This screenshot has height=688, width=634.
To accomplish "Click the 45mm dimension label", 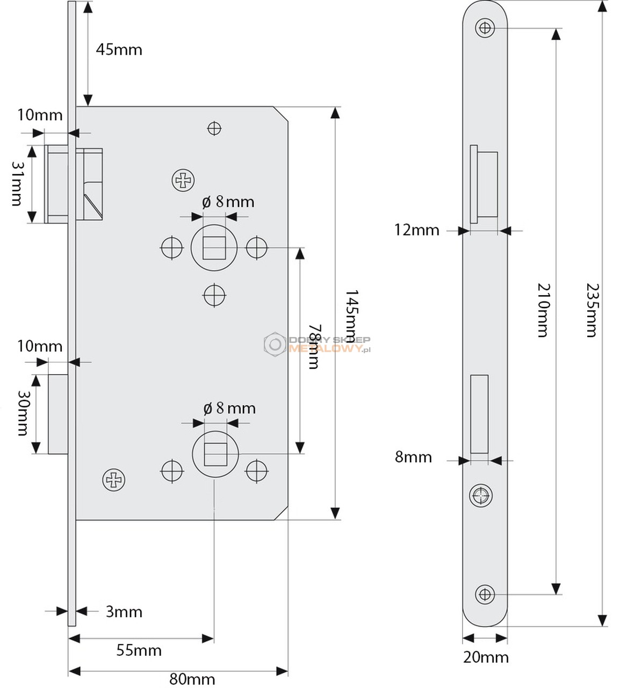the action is click(119, 50).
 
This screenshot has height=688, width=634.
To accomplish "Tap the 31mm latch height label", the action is click(17, 184).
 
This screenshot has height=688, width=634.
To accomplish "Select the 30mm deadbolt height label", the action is click(23, 413).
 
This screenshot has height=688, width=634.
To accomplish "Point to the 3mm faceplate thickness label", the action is click(124, 612).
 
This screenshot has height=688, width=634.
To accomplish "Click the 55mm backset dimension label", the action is click(139, 650).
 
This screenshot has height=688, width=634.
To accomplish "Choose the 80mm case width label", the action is click(192, 679).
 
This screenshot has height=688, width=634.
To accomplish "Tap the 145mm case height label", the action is click(351, 317).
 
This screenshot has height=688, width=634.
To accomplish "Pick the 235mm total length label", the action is click(592, 310).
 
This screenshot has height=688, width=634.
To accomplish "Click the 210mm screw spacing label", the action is click(544, 310).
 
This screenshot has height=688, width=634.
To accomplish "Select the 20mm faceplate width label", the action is click(486, 657).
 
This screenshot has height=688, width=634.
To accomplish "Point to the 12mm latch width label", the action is click(417, 230).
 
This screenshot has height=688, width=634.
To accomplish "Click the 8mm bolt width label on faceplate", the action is click(413, 457).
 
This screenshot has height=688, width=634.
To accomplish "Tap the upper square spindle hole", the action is click(214, 248).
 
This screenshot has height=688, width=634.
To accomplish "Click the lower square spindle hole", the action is click(215, 454).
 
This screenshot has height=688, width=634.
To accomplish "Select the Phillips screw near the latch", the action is click(183, 180).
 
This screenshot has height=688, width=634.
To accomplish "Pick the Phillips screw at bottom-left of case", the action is click(113, 480).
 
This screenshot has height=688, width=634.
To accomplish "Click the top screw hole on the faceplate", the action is click(485, 28).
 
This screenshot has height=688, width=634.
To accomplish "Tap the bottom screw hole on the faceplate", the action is click(485, 594).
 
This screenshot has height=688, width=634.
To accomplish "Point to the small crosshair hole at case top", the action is click(214, 128).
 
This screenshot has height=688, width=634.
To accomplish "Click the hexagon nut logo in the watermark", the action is click(275, 344).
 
